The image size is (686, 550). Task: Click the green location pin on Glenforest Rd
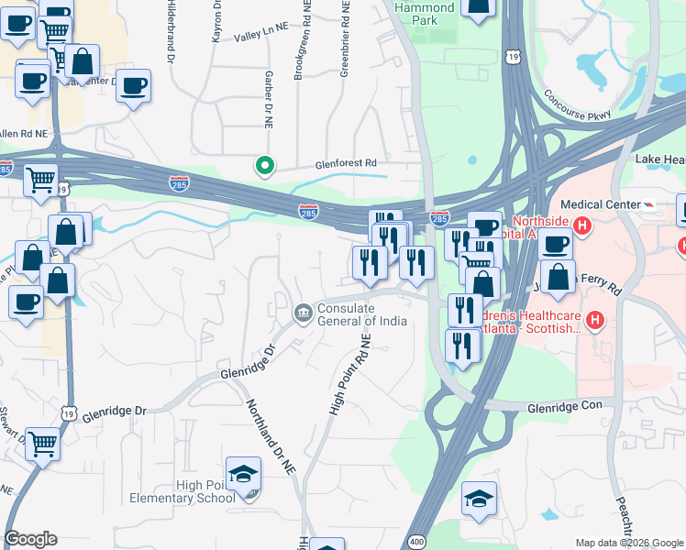(x=265, y=165)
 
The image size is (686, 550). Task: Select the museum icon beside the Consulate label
(x=302, y=314)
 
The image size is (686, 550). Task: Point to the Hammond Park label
(x=424, y=13)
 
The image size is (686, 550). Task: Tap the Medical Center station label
(x=597, y=204)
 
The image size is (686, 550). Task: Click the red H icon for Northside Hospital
(x=580, y=224)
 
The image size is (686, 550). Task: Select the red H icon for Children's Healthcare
(x=595, y=320)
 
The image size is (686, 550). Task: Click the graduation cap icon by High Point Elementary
(x=244, y=475)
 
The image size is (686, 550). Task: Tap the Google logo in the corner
(x=30, y=539)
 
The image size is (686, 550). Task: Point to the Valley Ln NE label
(x=261, y=37)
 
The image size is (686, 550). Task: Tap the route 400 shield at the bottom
(x=417, y=542)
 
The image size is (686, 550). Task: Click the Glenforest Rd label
(x=345, y=162)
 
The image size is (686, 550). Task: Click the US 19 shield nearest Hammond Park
(x=517, y=57)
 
